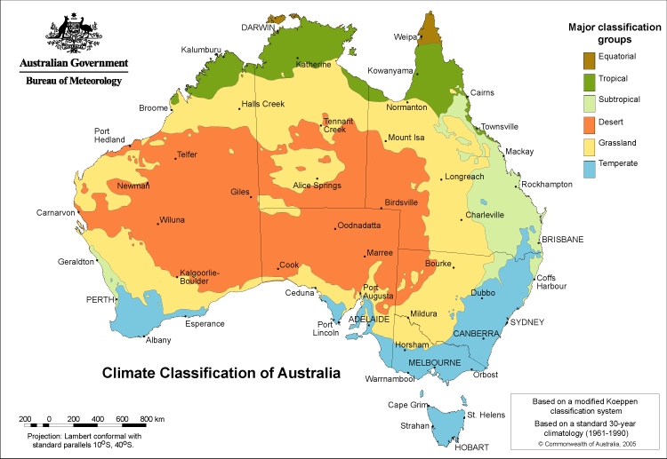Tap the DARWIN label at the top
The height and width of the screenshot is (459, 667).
[x=260, y=28]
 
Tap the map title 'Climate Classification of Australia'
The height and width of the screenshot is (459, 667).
[x=221, y=373]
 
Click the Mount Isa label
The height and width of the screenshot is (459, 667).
[x=406, y=138]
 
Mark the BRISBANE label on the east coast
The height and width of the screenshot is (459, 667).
[x=562, y=239]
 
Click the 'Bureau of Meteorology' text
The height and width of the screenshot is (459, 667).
[x=74, y=81]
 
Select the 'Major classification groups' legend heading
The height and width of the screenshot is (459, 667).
[x=613, y=34]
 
